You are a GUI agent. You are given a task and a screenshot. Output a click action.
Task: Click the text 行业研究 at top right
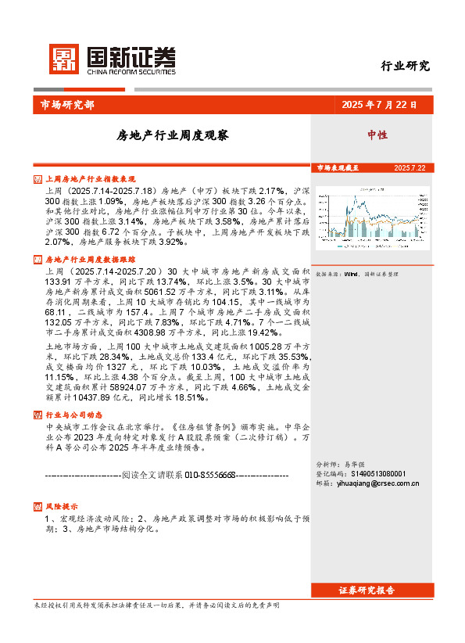405,66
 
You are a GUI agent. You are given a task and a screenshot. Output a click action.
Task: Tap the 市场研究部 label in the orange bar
66,105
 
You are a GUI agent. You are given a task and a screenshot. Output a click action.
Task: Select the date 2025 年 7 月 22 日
379,105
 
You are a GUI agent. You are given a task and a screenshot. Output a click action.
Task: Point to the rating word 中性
377,135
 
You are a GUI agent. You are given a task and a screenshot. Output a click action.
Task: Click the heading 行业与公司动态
74,415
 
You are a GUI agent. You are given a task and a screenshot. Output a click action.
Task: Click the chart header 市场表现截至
338,167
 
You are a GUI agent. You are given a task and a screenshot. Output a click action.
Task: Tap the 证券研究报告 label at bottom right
367,590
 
